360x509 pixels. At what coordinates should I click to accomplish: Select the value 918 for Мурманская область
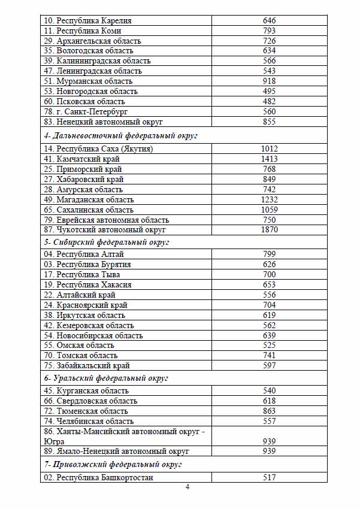click(x=269, y=81)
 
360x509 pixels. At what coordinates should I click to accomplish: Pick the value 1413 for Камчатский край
click(x=269, y=159)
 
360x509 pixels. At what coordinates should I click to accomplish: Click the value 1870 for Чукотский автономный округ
click(x=269, y=230)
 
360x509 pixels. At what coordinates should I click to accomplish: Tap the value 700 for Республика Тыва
click(x=269, y=275)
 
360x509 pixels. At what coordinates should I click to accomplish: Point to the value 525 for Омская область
click(x=269, y=346)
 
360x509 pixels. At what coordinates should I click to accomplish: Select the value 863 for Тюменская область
click(x=269, y=411)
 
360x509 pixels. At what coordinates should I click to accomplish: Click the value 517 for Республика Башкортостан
click(x=269, y=478)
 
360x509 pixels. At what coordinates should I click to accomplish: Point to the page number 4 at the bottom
click(x=187, y=487)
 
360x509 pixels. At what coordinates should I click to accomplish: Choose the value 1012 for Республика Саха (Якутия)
click(x=269, y=149)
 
